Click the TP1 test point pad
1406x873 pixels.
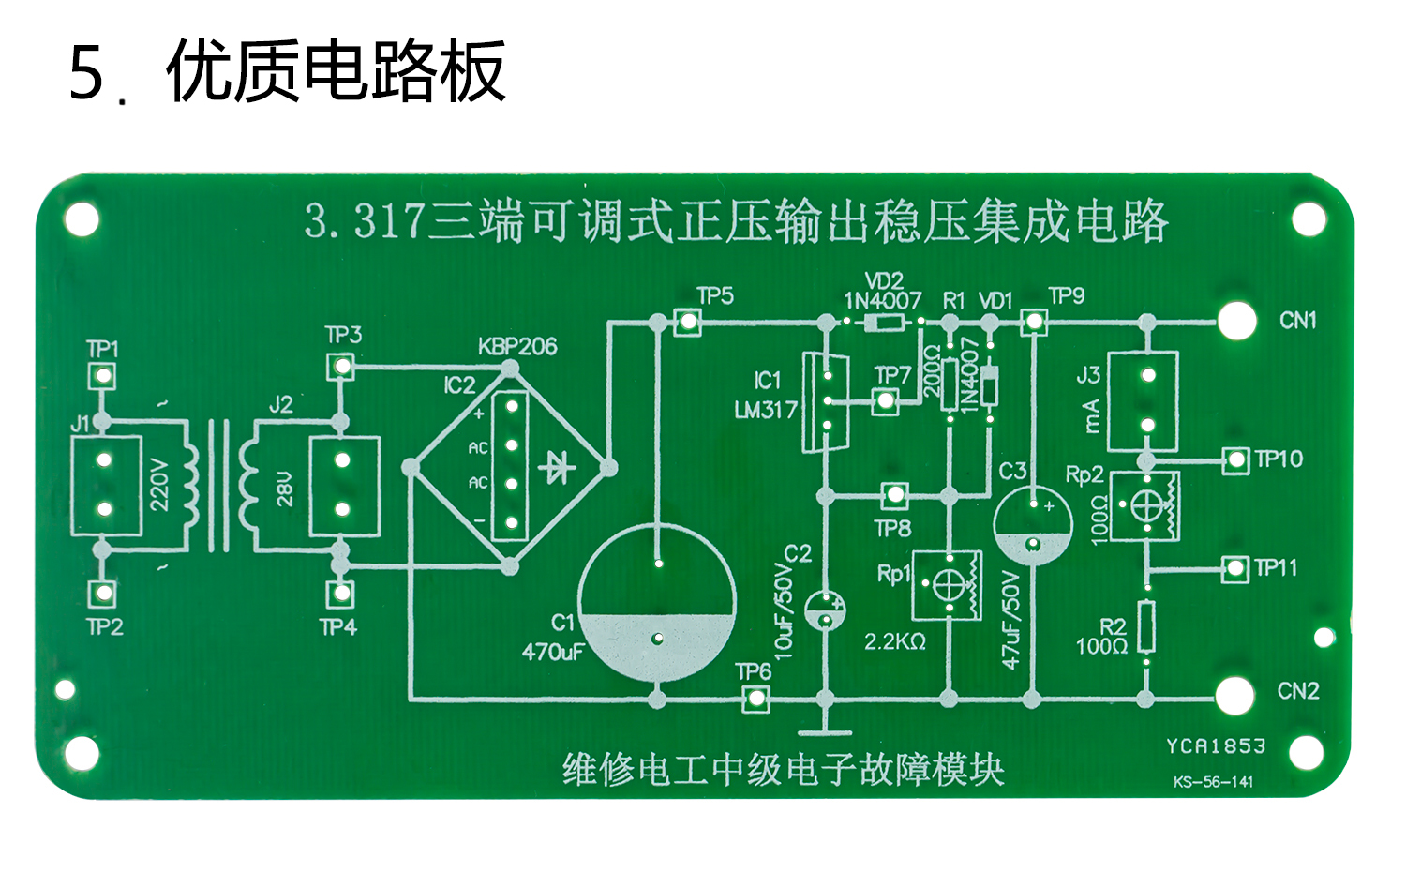point(101,376)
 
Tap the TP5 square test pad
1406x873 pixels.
point(688,323)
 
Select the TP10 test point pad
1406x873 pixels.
point(1236,459)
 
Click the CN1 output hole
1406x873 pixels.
point(1236,322)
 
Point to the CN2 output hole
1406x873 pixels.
point(1235,696)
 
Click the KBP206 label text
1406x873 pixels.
point(517,347)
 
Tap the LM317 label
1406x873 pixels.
point(766,410)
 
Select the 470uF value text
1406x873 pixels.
point(553,652)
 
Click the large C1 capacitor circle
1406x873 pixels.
point(657,602)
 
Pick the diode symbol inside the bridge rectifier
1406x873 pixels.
point(559,466)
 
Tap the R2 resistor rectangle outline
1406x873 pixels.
point(1145,626)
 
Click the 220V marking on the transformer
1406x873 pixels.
point(159,484)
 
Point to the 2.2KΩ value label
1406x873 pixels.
point(894,642)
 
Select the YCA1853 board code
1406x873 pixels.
point(1216,746)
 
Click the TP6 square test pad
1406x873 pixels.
point(755,699)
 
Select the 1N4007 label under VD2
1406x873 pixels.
point(883,301)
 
